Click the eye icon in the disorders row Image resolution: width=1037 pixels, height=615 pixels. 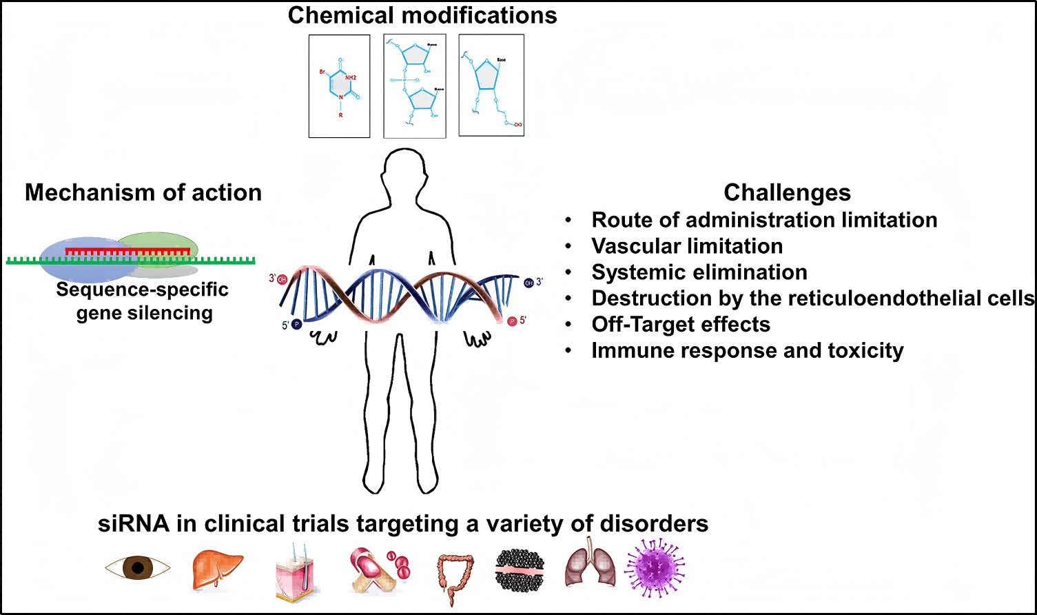tap(137, 567)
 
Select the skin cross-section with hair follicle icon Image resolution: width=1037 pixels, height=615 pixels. tap(296, 569)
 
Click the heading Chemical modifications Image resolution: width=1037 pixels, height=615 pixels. tap(422, 15)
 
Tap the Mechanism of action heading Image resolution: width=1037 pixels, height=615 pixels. tap(143, 192)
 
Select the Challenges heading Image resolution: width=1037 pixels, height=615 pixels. tap(787, 192)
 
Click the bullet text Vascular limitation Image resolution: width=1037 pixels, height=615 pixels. tap(687, 246)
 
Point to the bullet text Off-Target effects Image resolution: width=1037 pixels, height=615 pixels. tap(681, 324)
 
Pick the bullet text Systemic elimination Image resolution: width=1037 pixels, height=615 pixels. tap(699, 272)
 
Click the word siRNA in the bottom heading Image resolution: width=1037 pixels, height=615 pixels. tap(134, 524)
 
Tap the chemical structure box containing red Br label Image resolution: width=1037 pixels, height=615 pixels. tap(339, 86)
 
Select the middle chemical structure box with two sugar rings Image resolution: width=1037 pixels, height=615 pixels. tap(414, 86)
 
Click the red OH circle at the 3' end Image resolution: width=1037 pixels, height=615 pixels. tap(282, 280)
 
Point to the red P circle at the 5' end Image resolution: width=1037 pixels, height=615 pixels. tap(512, 321)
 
